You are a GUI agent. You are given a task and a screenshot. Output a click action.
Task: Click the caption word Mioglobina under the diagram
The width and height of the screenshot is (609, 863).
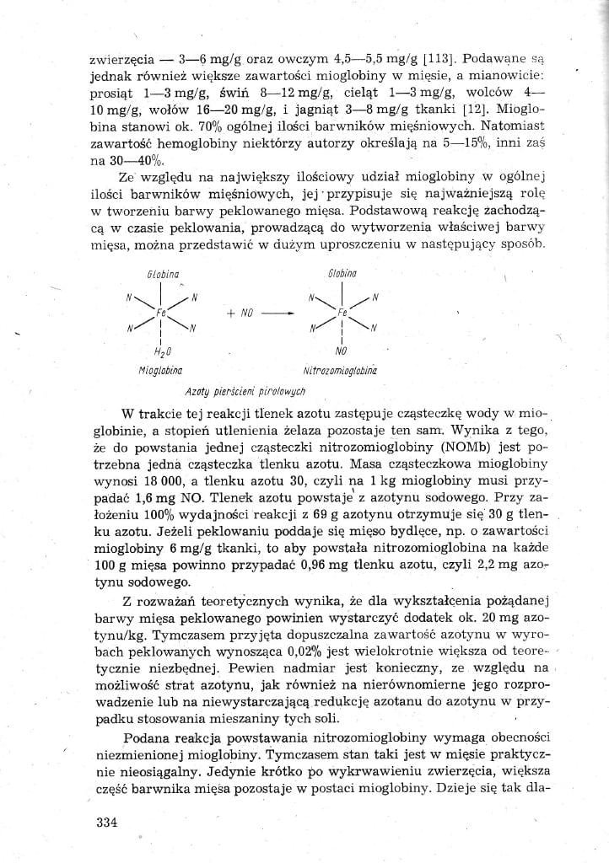click(x=160, y=370)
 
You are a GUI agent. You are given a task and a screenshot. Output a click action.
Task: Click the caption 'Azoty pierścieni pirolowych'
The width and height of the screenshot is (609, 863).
click(x=245, y=391)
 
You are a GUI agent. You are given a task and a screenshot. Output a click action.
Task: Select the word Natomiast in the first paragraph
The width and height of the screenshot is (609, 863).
click(x=509, y=127)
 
